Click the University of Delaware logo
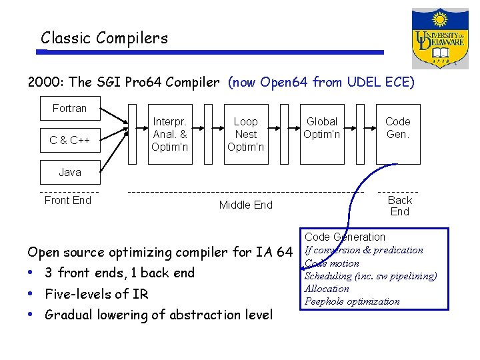pyautogui.click(x=439, y=38)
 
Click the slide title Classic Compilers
pyautogui.click(x=104, y=38)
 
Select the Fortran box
pyautogui.click(x=69, y=108)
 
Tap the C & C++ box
pyautogui.click(x=69, y=140)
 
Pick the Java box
pyautogui.click(x=69, y=172)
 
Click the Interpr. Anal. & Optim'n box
pyautogui.click(x=170, y=134)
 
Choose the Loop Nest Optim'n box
pyautogui.click(x=245, y=134)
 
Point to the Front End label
pyautogui.click(x=67, y=200)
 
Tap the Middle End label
pyautogui.click(x=245, y=205)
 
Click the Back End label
pyautogui.click(x=399, y=205)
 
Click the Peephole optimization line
pyautogui.click(x=352, y=301)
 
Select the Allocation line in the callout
pyautogui.click(x=327, y=289)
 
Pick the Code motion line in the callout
pyautogui.click(x=331, y=263)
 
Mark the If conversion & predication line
pyautogui.click(x=363, y=250)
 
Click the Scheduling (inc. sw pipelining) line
pyautogui.click(x=370, y=276)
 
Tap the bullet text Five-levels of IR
pyautogui.click(x=96, y=294)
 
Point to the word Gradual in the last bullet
pyautogui.click(x=69, y=315)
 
